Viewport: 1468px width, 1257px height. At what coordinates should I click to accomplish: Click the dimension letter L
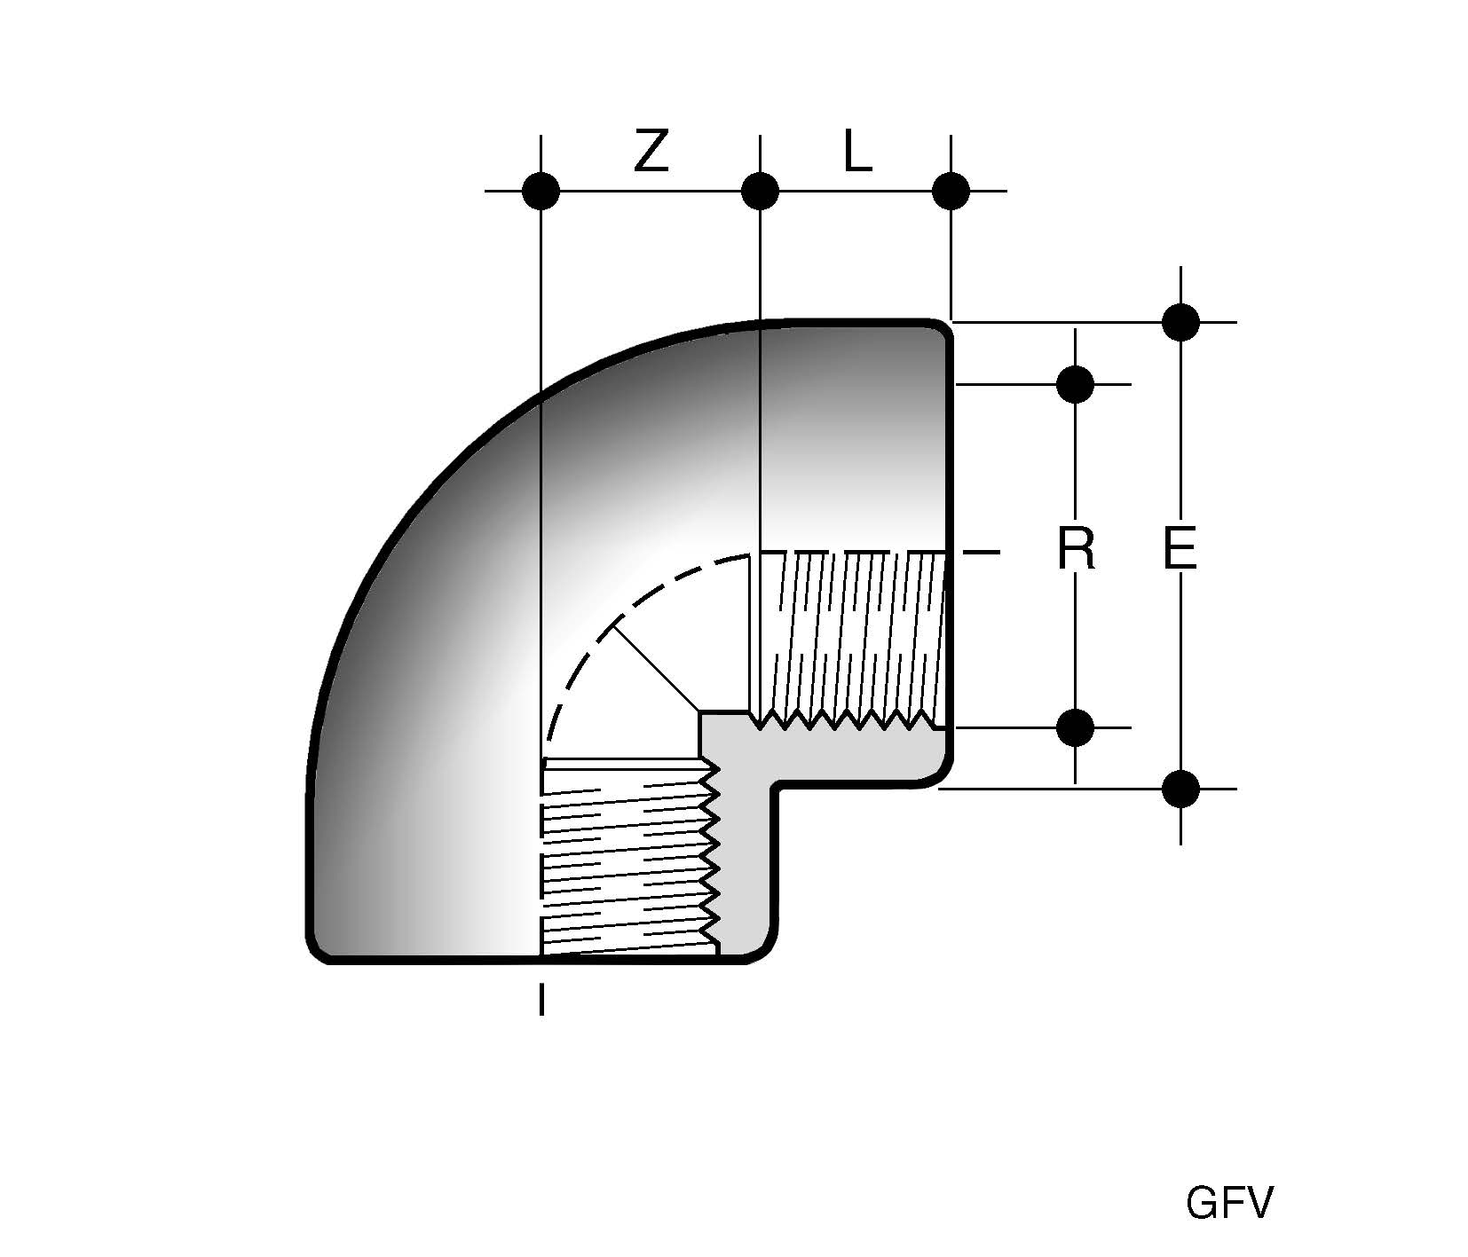[857, 154]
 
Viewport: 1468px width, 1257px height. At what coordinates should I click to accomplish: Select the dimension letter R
[1076, 550]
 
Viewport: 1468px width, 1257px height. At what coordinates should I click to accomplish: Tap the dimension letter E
[1180, 550]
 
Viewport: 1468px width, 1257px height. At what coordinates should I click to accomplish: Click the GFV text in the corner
[1229, 1204]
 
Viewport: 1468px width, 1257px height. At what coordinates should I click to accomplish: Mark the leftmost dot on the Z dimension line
[541, 190]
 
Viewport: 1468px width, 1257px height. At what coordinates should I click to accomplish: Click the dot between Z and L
[760, 190]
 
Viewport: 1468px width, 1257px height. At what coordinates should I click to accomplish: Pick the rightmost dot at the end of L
[951, 190]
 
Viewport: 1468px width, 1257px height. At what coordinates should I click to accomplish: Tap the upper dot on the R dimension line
[1076, 384]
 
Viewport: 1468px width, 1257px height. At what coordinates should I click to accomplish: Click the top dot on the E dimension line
[1180, 322]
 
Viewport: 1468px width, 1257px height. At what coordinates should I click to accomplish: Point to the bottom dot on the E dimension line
[1180, 788]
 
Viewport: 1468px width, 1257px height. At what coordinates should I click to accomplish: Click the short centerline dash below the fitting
[541, 999]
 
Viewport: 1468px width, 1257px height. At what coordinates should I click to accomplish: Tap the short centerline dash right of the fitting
[983, 553]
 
